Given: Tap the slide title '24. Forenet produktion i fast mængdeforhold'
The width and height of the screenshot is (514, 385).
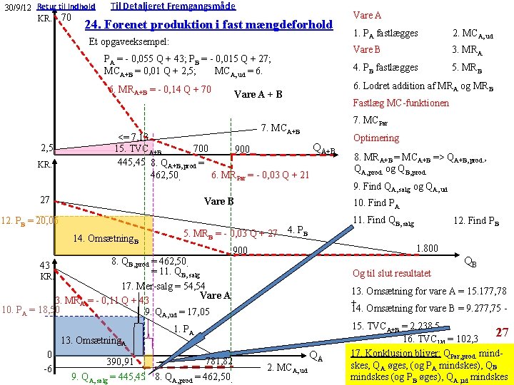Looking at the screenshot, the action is (208, 25).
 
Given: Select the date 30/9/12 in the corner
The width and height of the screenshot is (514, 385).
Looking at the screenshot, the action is (16, 7).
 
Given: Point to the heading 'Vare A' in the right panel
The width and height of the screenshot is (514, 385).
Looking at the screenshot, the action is (367, 15).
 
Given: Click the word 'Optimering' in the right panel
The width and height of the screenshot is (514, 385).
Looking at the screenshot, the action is (376, 138).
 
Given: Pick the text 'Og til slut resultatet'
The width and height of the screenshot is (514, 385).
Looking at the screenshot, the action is (392, 273).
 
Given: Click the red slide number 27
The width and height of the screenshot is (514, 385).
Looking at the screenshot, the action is (500, 333).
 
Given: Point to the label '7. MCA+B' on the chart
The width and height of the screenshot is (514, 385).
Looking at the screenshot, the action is (281, 128).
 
